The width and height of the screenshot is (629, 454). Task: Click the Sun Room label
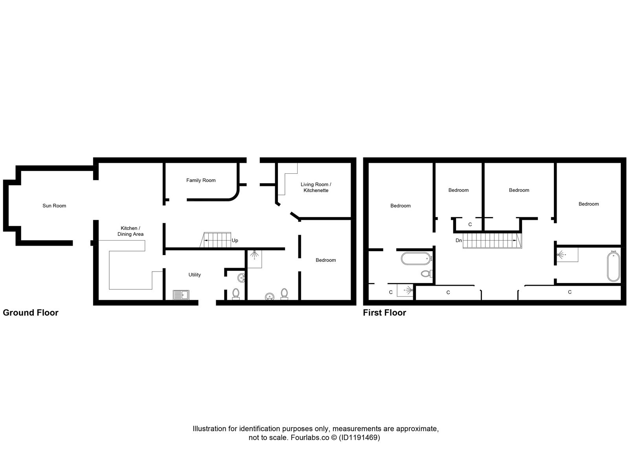54,206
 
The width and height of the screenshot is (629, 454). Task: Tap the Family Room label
201,180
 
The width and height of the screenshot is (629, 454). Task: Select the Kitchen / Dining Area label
130,231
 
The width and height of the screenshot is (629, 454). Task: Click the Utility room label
195,275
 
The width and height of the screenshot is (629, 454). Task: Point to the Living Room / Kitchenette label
316,187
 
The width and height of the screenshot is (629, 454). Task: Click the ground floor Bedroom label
326,260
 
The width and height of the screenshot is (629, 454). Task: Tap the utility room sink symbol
181,295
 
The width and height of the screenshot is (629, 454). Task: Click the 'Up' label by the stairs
235,241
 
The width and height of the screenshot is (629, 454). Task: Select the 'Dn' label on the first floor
458,240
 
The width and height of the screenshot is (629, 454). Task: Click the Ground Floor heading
31,312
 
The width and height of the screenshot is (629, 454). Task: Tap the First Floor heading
384,312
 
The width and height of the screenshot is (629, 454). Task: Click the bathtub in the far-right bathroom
612,267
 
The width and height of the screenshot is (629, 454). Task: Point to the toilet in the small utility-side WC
236,293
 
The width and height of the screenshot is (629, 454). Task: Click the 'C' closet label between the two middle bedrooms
470,224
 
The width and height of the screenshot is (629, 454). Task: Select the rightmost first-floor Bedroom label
589,204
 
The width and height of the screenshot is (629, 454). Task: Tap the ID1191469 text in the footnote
359,437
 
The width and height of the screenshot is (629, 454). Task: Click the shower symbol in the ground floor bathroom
255,255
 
